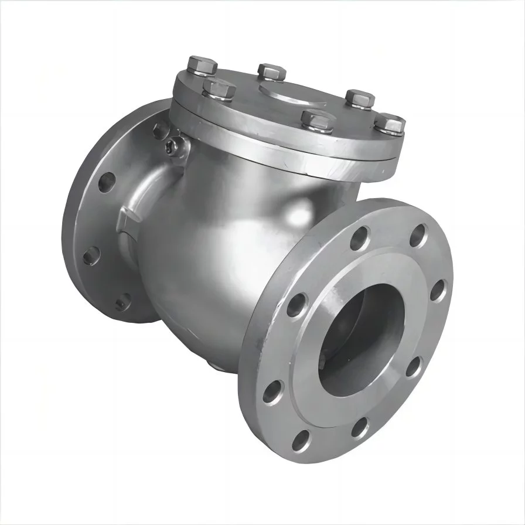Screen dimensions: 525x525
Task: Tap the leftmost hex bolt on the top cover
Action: [203, 66]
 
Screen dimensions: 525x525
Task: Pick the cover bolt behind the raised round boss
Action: [271, 72]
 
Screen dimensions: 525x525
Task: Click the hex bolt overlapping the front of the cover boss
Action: [316, 120]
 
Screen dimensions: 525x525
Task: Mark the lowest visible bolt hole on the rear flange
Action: [122, 304]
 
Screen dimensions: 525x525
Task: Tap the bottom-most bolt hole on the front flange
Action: [303, 439]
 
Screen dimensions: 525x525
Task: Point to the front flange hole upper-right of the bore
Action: [418, 236]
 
